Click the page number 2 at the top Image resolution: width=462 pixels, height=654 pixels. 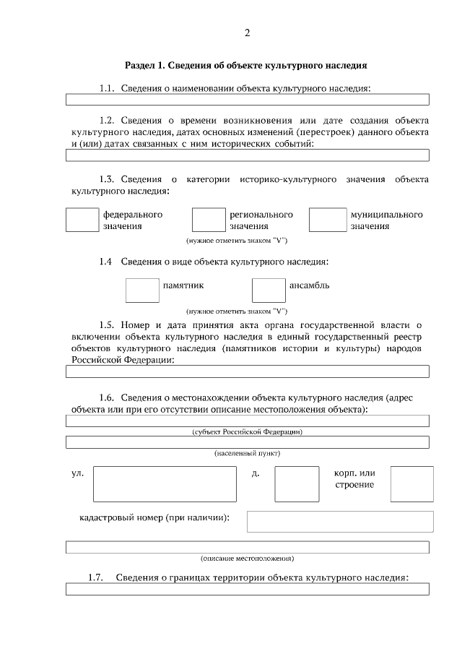click(x=247, y=33)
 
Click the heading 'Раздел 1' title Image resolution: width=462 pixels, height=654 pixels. click(x=246, y=65)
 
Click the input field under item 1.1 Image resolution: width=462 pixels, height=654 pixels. click(x=247, y=100)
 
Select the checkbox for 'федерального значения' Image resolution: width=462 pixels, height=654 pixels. click(x=82, y=220)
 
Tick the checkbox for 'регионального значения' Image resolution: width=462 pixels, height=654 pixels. click(x=209, y=220)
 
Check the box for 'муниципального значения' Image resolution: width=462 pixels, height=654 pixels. click(x=328, y=220)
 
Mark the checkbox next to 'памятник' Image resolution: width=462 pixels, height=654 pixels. click(x=142, y=290)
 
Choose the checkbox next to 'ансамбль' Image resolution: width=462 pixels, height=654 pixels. click(x=269, y=290)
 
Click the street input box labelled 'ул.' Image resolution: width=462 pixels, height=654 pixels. click(x=165, y=483)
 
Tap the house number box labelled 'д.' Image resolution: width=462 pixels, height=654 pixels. click(x=297, y=483)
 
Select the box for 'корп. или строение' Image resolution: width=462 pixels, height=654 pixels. click(x=411, y=483)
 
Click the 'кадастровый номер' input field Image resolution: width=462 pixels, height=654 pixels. click(x=340, y=521)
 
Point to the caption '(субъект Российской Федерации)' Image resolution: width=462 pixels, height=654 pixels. click(x=247, y=432)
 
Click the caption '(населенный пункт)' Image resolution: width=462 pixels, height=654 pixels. click(x=247, y=453)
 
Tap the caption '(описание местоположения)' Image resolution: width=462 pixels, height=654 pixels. click(x=247, y=559)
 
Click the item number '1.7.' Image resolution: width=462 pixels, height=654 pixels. click(x=95, y=577)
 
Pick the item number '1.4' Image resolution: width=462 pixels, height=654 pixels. click(x=106, y=261)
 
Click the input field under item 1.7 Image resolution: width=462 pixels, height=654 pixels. click(x=247, y=589)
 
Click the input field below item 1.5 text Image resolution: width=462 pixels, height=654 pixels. click(x=247, y=371)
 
